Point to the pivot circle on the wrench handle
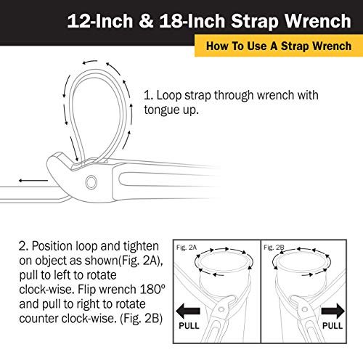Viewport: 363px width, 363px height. (x=90, y=181)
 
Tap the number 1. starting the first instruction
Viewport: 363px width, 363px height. (x=149, y=95)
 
